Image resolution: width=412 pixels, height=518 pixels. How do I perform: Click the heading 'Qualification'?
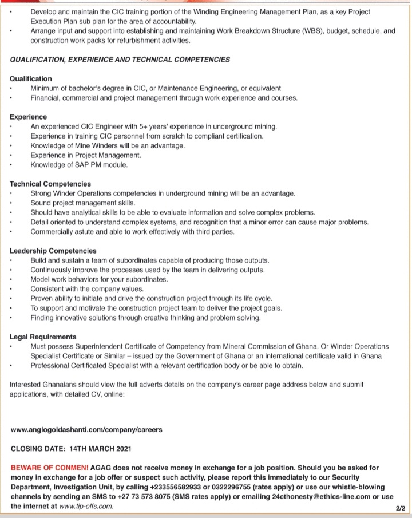(31, 78)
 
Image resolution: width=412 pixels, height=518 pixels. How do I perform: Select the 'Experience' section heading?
(29, 117)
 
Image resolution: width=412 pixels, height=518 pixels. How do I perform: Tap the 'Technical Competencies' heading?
(50, 184)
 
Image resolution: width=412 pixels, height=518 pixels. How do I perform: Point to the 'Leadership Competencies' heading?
(53, 251)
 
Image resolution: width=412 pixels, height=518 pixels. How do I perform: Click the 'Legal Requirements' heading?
(43, 337)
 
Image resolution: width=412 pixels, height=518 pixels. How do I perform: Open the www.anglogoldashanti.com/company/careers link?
(86, 429)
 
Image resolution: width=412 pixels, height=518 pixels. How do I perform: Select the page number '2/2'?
(399, 508)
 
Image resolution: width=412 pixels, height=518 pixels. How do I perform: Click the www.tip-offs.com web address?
(86, 507)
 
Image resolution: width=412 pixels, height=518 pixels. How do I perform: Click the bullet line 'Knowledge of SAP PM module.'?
(79, 165)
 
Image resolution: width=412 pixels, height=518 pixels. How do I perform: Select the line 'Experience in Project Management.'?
(85, 155)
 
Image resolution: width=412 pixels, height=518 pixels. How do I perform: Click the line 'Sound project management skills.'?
(83, 203)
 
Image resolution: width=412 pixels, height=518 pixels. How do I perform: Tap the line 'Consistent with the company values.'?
(87, 289)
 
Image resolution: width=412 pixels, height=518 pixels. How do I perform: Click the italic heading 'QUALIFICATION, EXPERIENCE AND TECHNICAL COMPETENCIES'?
(120, 59)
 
